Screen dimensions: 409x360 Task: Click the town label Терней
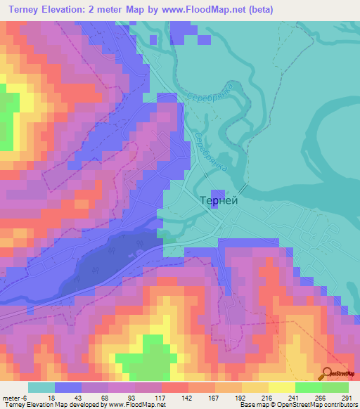[219, 200]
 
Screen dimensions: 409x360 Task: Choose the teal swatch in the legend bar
[41, 387]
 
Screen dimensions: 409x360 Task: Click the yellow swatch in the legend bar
[281, 387]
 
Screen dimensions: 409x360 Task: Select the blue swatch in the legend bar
[68, 387]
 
